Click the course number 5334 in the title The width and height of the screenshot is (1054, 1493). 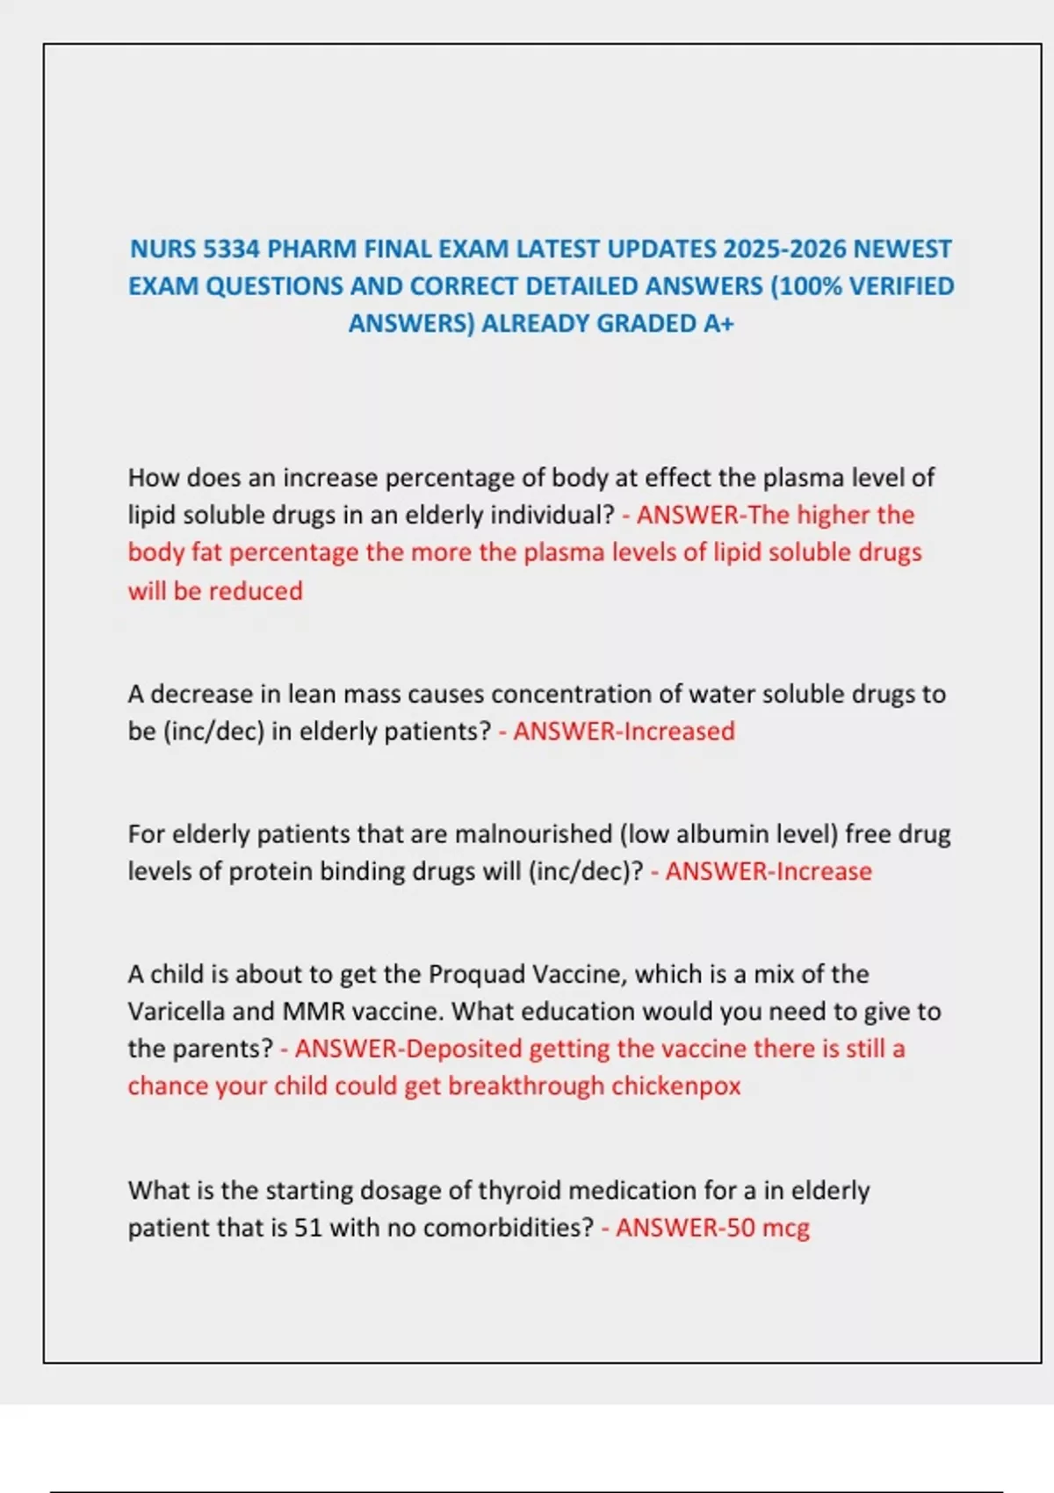[232, 249]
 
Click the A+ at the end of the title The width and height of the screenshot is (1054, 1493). [718, 324]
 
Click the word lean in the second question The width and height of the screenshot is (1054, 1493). [312, 694]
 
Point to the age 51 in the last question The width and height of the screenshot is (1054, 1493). [308, 1228]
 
